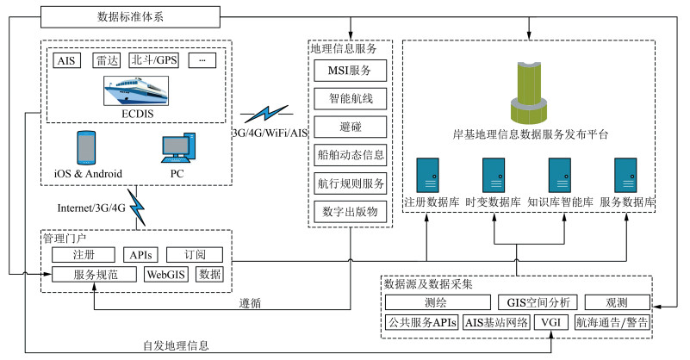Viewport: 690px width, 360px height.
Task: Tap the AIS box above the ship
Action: tap(65, 60)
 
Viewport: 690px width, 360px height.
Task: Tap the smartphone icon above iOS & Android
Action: tap(86, 147)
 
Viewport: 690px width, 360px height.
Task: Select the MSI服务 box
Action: tap(349, 70)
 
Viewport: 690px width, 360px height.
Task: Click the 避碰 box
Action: tap(349, 127)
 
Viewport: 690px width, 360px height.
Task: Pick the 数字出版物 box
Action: tap(349, 212)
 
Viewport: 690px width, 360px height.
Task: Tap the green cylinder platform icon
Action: tap(530, 91)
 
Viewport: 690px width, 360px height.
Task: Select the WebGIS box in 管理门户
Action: tap(167, 275)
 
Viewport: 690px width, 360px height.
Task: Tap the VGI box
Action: tap(549, 322)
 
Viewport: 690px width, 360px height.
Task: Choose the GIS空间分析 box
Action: tap(535, 302)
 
